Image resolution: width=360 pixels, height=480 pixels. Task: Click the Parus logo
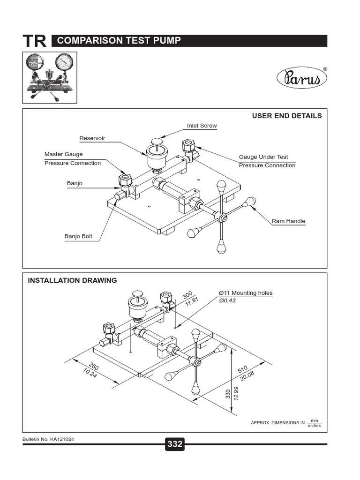coord(301,77)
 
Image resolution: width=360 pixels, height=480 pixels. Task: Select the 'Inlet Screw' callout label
coord(202,126)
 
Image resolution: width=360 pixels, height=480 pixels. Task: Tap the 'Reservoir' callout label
coord(92,138)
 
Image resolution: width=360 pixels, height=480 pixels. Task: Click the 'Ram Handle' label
coord(289,221)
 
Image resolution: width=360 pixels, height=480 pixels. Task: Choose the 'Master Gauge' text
coord(63,154)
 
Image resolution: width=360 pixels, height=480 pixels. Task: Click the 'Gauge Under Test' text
coord(263,157)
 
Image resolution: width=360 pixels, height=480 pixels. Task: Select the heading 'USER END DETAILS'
coord(287,116)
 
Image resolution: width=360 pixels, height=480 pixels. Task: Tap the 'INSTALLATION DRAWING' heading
coord(73,281)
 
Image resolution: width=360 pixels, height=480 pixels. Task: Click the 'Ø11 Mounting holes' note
coord(246,293)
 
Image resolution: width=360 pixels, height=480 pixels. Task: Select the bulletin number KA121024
coord(49,439)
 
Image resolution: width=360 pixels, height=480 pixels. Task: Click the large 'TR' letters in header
coord(35,41)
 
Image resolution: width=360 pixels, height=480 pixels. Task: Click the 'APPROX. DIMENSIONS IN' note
coord(278,423)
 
